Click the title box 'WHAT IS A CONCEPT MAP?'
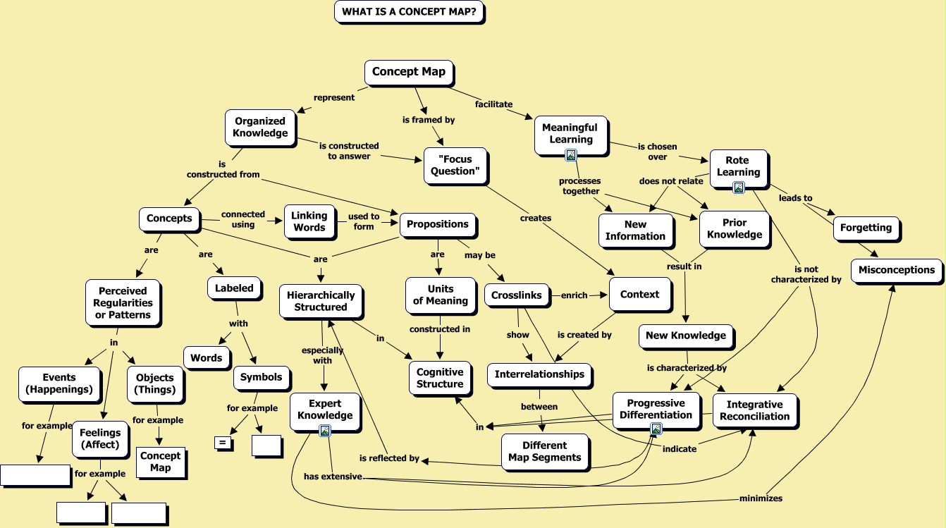click(408, 12)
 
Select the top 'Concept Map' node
click(408, 72)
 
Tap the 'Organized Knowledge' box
click(260, 127)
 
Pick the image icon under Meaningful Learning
click(571, 155)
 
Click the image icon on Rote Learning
click(738, 188)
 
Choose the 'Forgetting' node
click(866, 228)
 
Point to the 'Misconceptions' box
click(896, 270)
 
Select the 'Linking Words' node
click(309, 221)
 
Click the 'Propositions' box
click(438, 224)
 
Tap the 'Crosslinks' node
click(517, 295)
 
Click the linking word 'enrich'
click(574, 295)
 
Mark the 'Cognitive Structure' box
click(440, 378)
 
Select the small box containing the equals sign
click(223, 443)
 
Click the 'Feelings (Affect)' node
click(100, 438)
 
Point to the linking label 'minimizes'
click(761, 498)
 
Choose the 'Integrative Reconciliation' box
click(754, 410)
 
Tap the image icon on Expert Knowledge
click(325, 431)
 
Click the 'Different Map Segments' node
click(544, 451)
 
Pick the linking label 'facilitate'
click(493, 104)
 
